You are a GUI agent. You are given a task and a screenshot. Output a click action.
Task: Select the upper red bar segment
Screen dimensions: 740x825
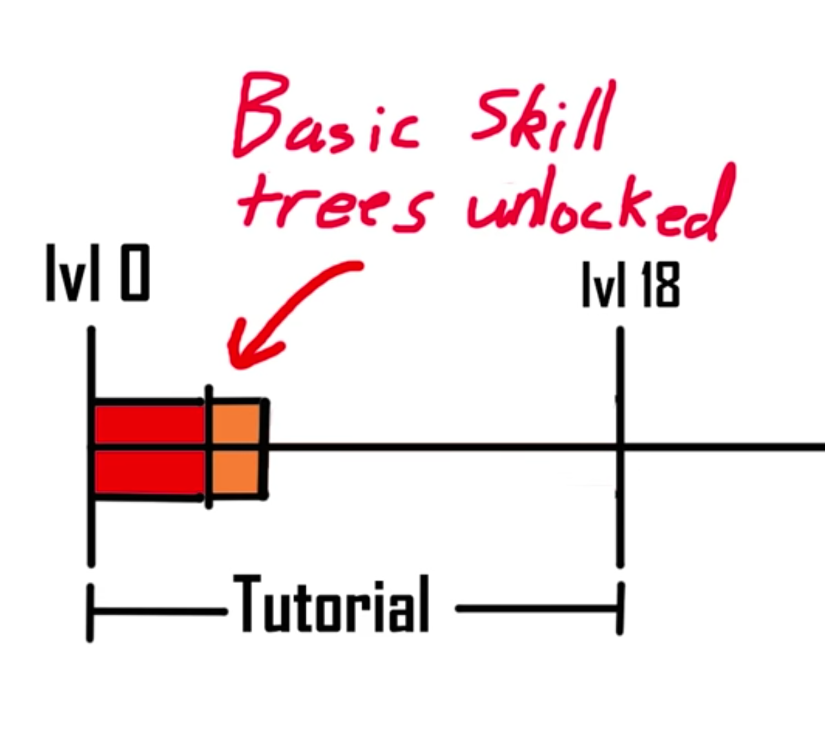149,424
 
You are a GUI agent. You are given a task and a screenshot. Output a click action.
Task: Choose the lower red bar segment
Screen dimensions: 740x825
149,472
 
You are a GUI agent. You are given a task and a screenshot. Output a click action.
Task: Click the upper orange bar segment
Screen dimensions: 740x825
236,424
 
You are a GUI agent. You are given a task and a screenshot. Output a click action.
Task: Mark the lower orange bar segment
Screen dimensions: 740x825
236,472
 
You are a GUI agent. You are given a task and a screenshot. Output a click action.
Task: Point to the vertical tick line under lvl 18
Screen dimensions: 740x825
620,524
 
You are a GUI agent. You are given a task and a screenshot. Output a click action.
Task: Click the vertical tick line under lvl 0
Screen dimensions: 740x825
91,531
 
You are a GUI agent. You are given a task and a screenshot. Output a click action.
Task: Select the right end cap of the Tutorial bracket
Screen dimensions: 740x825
620,609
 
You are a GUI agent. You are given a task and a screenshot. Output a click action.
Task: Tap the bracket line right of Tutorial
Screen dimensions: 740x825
537,609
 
